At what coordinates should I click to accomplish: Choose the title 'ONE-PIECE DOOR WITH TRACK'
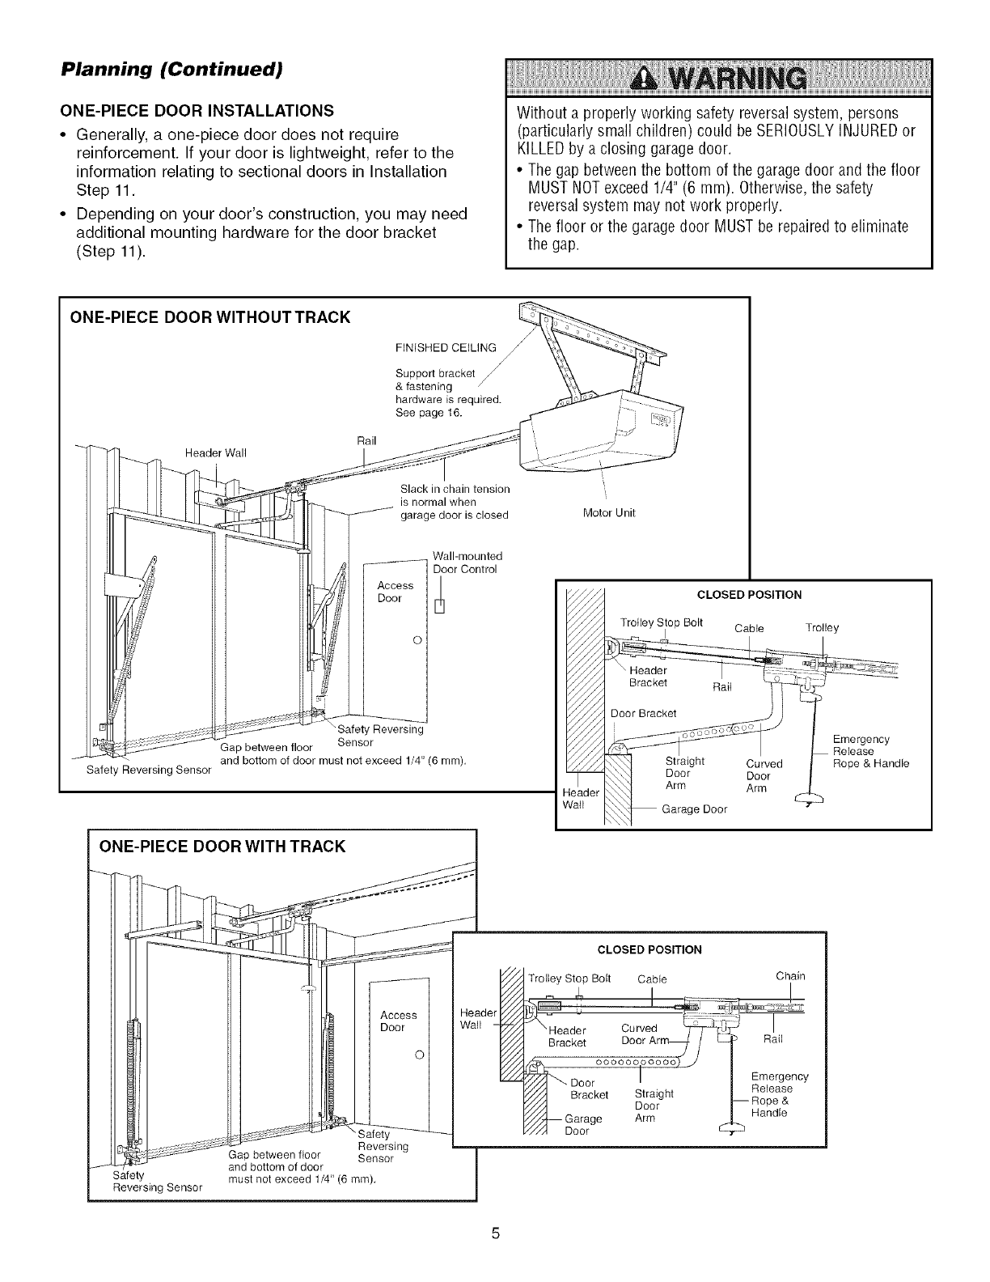pos(222,847)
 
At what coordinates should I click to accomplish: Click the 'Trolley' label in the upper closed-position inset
pos(823,627)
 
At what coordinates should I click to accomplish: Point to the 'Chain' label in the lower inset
pos(790,975)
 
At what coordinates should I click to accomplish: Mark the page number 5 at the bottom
pos(496,1234)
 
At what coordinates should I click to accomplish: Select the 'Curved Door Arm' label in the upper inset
pos(764,775)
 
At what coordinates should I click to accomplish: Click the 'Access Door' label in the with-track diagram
pos(399,1021)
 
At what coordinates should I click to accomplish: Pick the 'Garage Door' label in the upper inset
pos(694,809)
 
